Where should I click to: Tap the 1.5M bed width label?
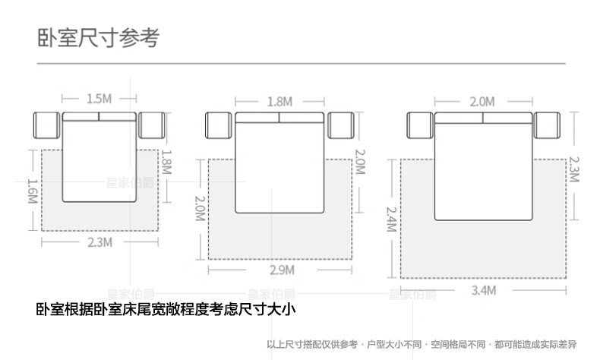point(99,99)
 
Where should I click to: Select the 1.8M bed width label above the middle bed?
point(280,101)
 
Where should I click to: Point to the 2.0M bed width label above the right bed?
point(482,101)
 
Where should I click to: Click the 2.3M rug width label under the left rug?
point(99,242)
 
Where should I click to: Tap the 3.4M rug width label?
point(483,290)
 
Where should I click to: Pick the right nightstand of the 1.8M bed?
point(342,125)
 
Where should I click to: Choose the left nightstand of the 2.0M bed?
point(420,125)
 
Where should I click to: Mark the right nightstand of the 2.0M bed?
point(547,125)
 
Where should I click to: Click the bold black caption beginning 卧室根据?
point(166,309)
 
